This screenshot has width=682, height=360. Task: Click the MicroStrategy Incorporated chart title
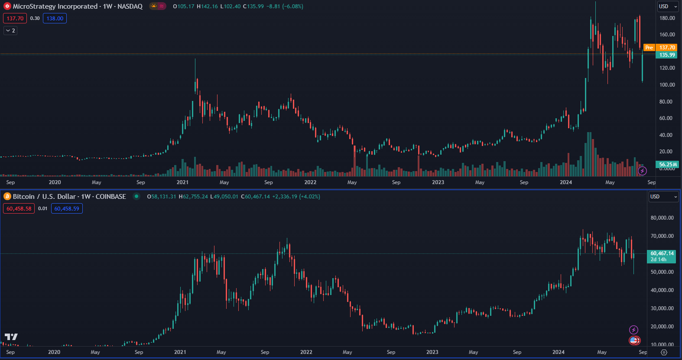78,6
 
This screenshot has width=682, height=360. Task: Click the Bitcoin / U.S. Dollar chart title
69,197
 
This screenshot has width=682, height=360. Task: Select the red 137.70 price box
15,18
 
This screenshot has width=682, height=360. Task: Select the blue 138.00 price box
55,18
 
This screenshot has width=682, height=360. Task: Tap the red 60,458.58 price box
19,208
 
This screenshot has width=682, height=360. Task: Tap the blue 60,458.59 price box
67,208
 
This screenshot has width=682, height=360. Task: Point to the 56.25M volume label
668,165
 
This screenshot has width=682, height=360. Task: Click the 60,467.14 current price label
662,253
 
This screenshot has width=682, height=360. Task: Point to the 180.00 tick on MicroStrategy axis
667,18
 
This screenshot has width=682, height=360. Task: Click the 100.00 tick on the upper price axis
667,85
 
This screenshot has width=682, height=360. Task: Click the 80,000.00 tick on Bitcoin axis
662,218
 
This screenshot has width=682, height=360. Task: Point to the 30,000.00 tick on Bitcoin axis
662,308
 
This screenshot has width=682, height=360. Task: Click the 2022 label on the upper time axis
310,182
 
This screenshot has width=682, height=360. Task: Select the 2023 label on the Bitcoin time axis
432,352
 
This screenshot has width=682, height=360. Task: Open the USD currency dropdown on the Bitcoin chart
663,197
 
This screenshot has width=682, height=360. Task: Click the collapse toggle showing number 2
10,31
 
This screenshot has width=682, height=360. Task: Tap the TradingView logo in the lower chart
11,337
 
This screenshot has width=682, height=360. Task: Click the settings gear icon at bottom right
664,352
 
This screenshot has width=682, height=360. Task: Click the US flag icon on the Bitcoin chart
634,341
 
